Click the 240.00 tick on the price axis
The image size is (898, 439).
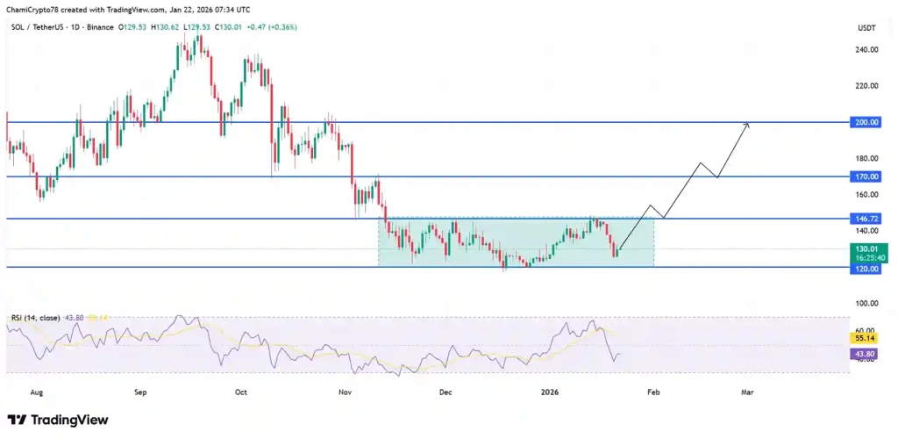(867, 50)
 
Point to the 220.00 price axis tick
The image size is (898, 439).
(867, 86)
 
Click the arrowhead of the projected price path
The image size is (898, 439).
(747, 125)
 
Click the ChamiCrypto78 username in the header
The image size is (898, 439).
(35, 9)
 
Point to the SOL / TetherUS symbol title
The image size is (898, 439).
(35, 27)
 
